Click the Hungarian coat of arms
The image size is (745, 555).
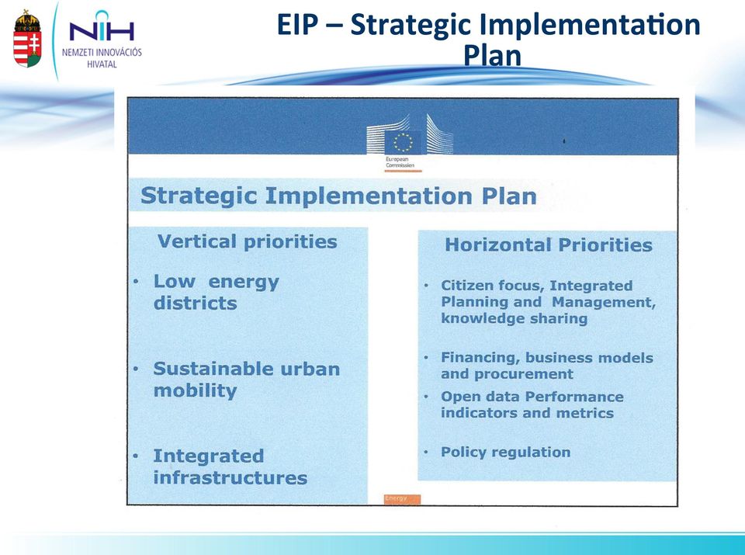[27, 39]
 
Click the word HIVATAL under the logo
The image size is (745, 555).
[102, 64]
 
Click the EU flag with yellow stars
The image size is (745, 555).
[403, 141]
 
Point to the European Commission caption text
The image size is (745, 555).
[400, 162]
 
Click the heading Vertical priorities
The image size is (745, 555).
[247, 241]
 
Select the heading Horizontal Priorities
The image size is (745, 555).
[549, 245]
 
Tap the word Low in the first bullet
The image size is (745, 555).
[174, 281]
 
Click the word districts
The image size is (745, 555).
[195, 304]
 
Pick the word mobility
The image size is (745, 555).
[195, 391]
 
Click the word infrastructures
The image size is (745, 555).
[230, 477]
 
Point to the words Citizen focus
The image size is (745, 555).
[492, 286]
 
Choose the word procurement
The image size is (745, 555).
[524, 374]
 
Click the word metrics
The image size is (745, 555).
[585, 413]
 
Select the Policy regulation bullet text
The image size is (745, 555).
[505, 452]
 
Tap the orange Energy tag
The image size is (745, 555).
[402, 499]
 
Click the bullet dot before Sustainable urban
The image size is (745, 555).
[136, 369]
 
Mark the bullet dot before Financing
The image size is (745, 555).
[426, 357]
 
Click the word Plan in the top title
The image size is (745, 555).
[492, 56]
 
